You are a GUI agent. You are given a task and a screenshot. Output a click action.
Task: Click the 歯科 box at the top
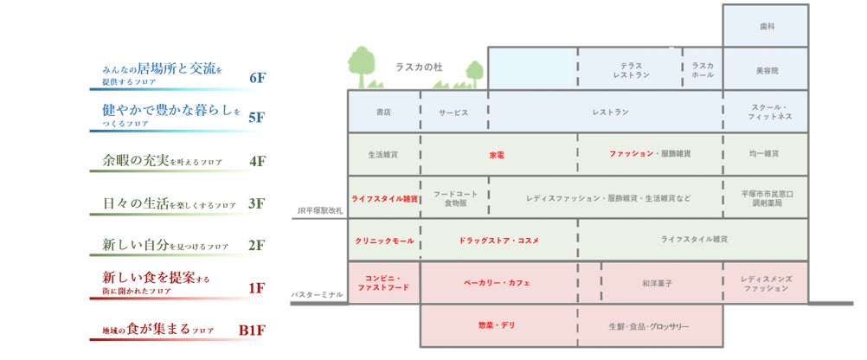(765, 27)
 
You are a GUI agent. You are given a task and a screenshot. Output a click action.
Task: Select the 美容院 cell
(765, 69)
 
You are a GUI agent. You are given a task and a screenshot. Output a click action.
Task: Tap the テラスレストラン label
(630, 70)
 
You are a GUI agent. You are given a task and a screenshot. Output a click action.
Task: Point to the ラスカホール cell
(703, 70)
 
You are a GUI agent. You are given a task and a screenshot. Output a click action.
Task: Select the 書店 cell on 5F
(383, 112)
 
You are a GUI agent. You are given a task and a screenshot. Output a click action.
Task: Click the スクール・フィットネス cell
(765, 112)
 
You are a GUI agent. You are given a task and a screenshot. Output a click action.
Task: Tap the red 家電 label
(498, 154)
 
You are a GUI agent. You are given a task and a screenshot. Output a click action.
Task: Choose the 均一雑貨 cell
(765, 154)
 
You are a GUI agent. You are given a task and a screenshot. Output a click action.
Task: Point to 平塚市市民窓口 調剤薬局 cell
(765, 198)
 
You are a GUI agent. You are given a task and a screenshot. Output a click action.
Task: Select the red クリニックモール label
(383, 240)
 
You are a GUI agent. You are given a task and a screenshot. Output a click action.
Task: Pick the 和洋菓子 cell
(661, 283)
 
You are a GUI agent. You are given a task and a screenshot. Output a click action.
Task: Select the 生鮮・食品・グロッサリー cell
(649, 326)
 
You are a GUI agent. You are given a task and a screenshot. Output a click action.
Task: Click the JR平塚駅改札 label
(318, 210)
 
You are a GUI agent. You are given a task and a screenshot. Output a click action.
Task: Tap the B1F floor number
(251, 330)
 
